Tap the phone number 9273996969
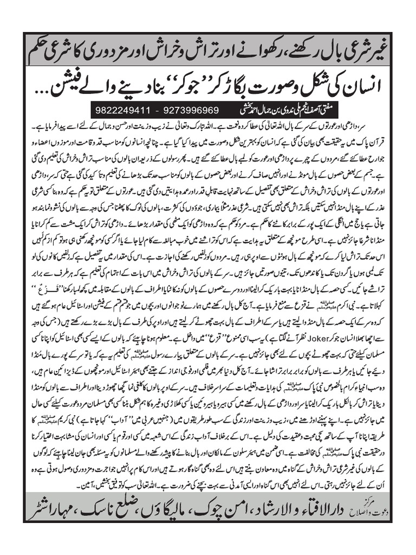click(x=193, y=108)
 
